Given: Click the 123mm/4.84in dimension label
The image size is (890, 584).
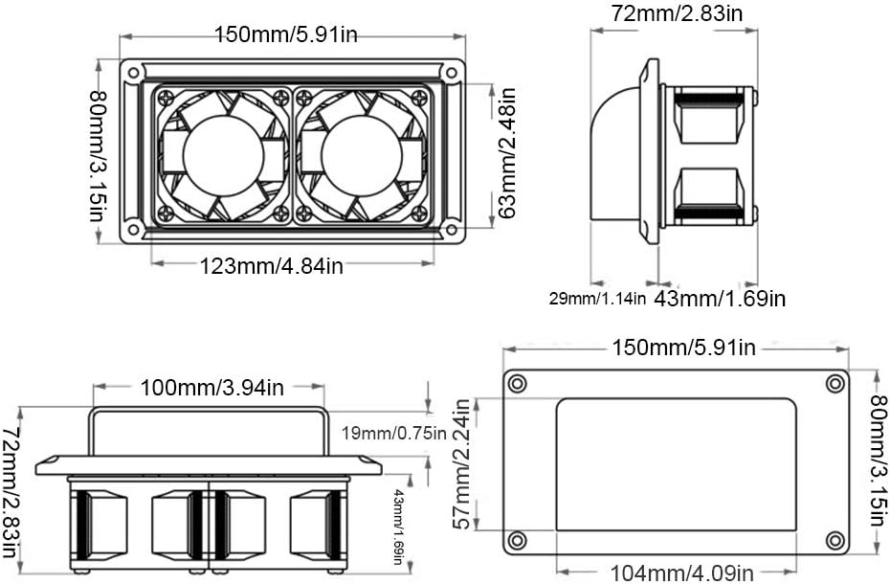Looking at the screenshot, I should click(271, 265).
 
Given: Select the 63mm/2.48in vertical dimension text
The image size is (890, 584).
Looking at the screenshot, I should click(507, 153).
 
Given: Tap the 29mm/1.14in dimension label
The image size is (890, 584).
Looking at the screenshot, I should click(598, 298).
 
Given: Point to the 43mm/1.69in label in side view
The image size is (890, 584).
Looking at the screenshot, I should click(720, 298).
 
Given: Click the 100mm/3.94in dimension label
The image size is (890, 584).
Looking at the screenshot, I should click(212, 388).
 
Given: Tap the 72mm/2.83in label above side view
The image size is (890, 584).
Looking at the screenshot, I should click(677, 12).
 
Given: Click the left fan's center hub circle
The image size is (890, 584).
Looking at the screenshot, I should click(222, 156).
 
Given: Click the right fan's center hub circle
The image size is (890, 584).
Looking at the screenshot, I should click(361, 156).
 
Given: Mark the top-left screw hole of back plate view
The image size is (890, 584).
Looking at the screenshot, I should click(518, 384).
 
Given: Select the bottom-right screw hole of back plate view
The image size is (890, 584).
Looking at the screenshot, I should click(834, 540).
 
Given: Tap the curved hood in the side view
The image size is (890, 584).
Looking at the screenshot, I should click(617, 153).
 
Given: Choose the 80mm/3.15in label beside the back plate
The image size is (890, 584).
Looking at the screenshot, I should click(878, 463).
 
